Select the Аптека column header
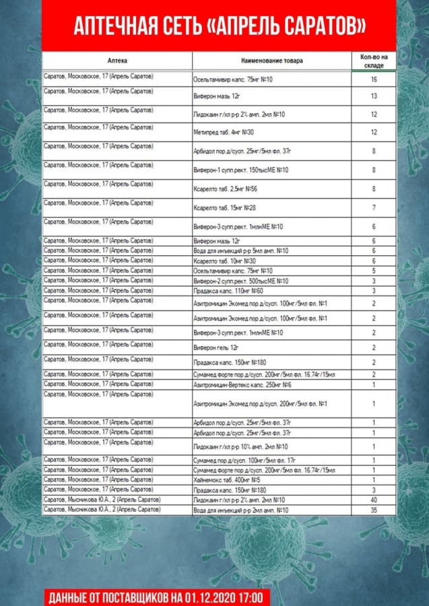(117, 61)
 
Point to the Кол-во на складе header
(373, 61)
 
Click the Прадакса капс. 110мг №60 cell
(228, 291)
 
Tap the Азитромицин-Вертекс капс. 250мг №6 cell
(242, 384)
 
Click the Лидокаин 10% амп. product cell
(240, 446)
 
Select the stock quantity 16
(373, 79)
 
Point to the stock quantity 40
(373, 500)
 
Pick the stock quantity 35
(373, 510)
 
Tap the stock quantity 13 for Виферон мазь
(373, 96)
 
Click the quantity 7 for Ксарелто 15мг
(373, 208)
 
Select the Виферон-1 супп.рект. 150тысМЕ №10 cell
(240, 170)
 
